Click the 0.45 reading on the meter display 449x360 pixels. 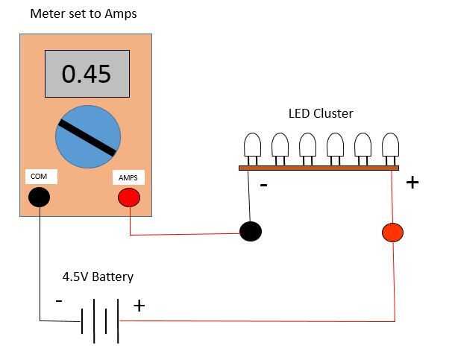(87, 74)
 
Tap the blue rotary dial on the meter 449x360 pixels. (88, 136)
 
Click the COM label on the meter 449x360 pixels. (39, 177)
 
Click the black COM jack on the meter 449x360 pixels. (39, 197)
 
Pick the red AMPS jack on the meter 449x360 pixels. (129, 198)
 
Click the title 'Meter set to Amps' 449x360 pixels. (83, 13)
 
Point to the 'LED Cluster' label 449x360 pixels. (321, 114)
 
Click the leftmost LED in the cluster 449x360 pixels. (252, 145)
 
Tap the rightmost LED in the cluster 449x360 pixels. (390, 145)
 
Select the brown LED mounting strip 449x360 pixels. (318, 168)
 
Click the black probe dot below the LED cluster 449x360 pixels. (251, 231)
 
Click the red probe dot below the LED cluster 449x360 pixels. (392, 232)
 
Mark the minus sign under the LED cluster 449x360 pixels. (263, 184)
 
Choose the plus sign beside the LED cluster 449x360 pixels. (412, 182)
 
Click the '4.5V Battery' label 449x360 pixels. (98, 277)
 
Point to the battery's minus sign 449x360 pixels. (59, 301)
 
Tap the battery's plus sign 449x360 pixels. (139, 306)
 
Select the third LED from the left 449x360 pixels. (307, 145)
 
